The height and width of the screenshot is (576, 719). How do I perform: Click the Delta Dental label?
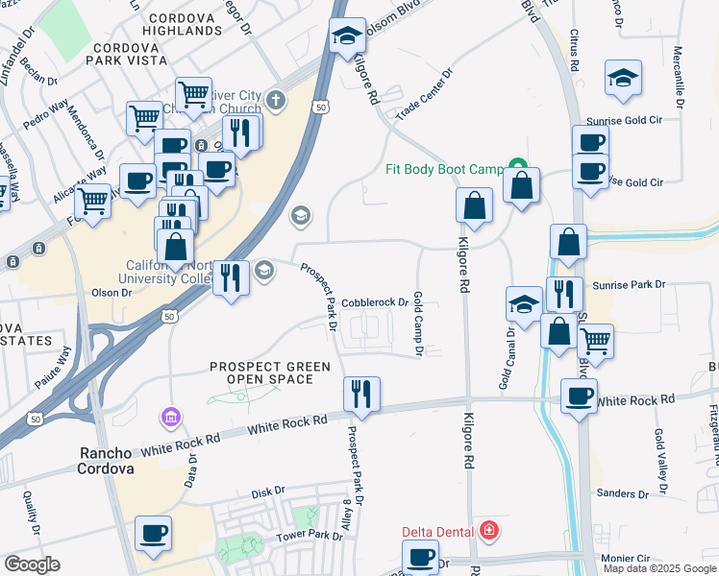pyautogui.click(x=439, y=531)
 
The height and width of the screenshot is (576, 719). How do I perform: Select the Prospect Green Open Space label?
pyautogui.click(x=270, y=372)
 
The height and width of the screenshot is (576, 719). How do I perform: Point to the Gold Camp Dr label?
pyautogui.click(x=418, y=324)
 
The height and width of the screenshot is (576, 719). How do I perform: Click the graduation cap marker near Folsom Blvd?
pyautogui.click(x=347, y=36)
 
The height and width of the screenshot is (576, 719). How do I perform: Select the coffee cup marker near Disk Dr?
pyautogui.click(x=153, y=532)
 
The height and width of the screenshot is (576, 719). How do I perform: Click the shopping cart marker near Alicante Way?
pyautogui.click(x=93, y=202)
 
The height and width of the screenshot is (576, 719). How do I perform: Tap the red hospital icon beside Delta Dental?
pyautogui.click(x=489, y=530)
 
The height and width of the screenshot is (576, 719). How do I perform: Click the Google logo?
pyautogui.click(x=32, y=564)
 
